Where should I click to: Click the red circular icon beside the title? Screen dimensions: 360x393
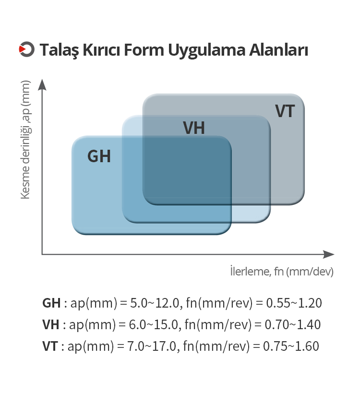tap(26, 49)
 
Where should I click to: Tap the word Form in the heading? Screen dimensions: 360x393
tap(144, 49)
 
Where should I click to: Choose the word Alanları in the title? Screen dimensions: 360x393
tap(278, 49)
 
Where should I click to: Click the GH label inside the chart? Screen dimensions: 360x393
tap(99, 156)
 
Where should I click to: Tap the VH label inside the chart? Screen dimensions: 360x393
tap(194, 128)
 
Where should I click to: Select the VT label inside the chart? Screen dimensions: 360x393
tap(285, 111)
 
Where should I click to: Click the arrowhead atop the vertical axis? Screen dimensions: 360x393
tap(42, 85)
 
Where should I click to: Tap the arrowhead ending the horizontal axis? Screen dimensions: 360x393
tap(329, 254)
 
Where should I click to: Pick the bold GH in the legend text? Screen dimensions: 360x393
tap(51, 303)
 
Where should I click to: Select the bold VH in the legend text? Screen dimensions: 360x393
tap(51, 324)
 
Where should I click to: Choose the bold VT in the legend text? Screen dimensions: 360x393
tap(50, 346)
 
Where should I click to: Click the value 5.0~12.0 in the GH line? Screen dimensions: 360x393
tap(155, 303)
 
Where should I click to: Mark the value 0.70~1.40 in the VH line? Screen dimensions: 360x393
tap(293, 324)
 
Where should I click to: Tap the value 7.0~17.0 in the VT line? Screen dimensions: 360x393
tap(153, 346)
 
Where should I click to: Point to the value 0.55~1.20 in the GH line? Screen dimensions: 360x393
tap(294, 303)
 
